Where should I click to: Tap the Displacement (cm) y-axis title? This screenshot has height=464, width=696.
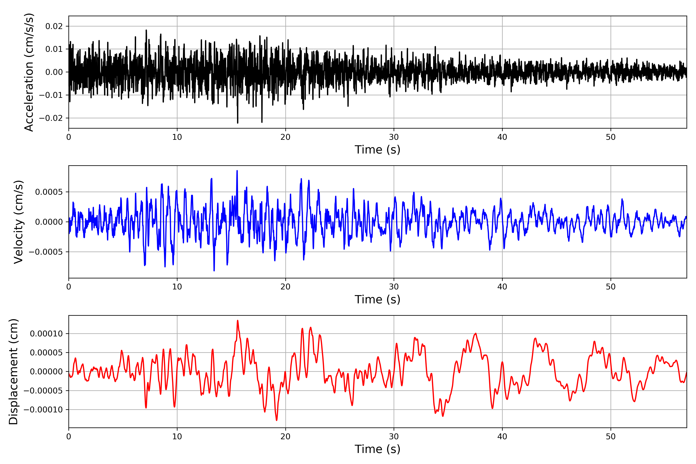click(14, 371)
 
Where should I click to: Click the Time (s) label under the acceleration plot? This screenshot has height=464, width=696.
click(377, 150)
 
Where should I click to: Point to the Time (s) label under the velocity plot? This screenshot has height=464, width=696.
click(377, 299)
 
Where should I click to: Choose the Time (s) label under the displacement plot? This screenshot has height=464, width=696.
click(377, 449)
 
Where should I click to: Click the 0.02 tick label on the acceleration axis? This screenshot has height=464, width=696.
click(54, 26)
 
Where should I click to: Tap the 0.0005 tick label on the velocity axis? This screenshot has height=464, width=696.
click(49, 192)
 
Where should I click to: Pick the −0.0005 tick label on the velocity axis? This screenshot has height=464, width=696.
click(46, 252)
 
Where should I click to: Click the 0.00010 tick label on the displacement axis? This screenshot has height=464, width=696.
click(46, 334)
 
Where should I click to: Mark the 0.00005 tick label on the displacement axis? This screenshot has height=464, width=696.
click(46, 353)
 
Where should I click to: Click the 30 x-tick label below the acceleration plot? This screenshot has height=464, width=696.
click(394, 137)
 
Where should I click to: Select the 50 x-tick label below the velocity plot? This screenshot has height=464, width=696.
click(611, 287)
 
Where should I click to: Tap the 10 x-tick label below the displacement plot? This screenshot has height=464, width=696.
click(177, 437)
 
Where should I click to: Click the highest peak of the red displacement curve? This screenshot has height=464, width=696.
click(238, 321)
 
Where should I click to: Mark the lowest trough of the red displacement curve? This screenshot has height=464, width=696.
click(276, 420)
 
